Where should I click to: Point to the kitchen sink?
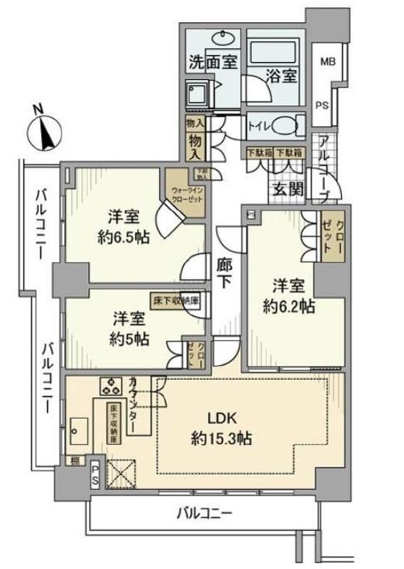click(77, 428)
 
